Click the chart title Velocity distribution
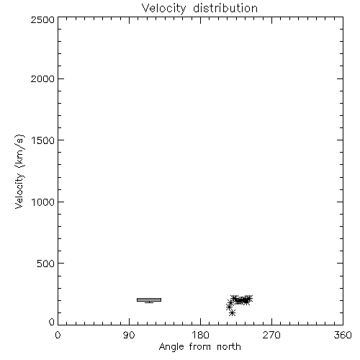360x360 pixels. tap(199, 8)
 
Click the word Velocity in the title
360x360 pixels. tap(163, 8)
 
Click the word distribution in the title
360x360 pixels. tap(225, 8)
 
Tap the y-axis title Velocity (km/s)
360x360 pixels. tap(19, 171)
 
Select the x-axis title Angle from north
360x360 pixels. tap(199, 346)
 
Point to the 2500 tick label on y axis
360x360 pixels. tap(42, 19)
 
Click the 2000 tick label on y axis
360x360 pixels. tap(42, 78)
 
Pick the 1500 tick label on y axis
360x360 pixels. tap(43, 140)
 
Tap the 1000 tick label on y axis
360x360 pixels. tap(43, 202)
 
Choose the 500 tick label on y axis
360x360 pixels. tap(46, 264)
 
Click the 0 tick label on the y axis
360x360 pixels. tap(52, 322)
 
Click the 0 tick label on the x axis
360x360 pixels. tap(58, 335)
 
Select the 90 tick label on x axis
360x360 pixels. tap(129, 335)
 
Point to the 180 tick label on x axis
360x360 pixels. tap(200, 335)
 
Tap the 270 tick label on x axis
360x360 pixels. tap(271, 335)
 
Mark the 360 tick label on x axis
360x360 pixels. tap(343, 335)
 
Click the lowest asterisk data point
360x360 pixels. tap(232, 313)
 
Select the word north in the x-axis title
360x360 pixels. tap(229, 346)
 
